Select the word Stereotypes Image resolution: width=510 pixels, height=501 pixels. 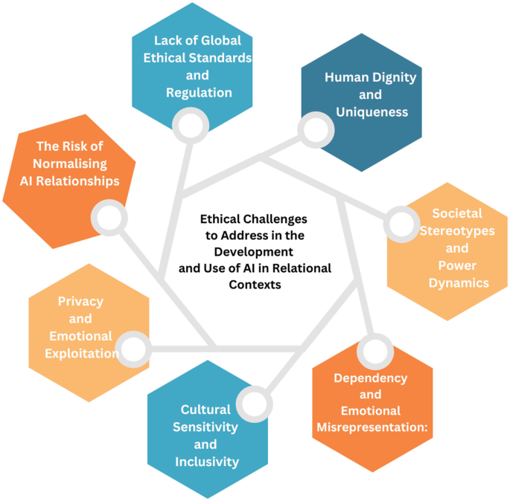click(x=456, y=230)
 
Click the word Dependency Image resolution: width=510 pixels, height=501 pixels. click(x=370, y=378)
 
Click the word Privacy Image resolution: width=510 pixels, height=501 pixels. click(x=80, y=301)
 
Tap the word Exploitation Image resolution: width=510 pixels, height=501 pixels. click(x=80, y=353)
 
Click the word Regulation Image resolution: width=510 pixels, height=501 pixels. click(x=200, y=93)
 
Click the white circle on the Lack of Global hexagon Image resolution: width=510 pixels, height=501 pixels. click(x=187, y=121)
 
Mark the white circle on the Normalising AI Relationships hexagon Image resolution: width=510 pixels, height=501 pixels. click(x=107, y=218)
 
